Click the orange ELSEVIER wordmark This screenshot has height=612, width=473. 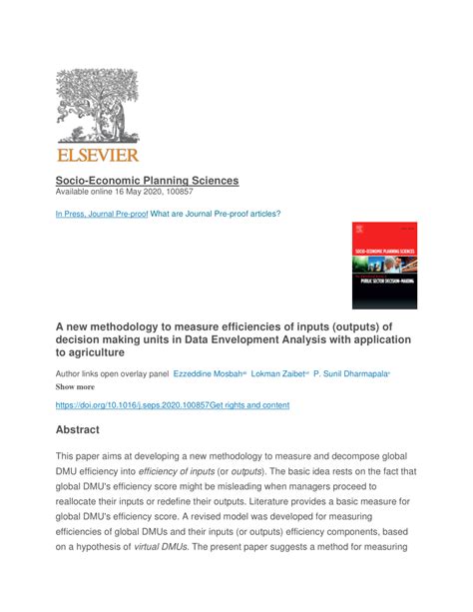[97, 154]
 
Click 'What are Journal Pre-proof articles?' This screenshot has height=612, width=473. [216, 214]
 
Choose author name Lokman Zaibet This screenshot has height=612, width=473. [278, 372]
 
